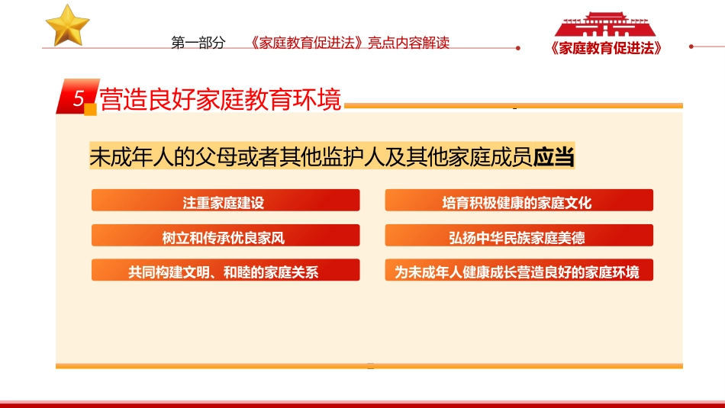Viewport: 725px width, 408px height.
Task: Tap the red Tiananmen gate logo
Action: point(604,24)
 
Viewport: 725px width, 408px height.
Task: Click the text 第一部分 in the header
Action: point(198,43)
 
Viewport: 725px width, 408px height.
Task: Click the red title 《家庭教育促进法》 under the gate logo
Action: point(605,47)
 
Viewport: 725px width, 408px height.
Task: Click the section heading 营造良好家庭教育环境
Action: point(221,99)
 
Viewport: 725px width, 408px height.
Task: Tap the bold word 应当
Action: point(553,157)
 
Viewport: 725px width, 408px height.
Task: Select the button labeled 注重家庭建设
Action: point(225,201)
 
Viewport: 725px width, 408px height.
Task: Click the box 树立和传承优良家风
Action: point(225,236)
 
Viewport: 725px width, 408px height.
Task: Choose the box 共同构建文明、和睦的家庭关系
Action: point(225,271)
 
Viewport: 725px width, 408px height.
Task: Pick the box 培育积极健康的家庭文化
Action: point(518,201)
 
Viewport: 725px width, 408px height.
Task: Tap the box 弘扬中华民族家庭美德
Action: point(518,236)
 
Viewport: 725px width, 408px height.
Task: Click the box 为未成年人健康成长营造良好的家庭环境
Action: point(518,271)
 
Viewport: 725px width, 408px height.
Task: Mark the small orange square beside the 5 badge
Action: point(90,110)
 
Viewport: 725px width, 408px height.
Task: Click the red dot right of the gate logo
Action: point(691,47)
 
